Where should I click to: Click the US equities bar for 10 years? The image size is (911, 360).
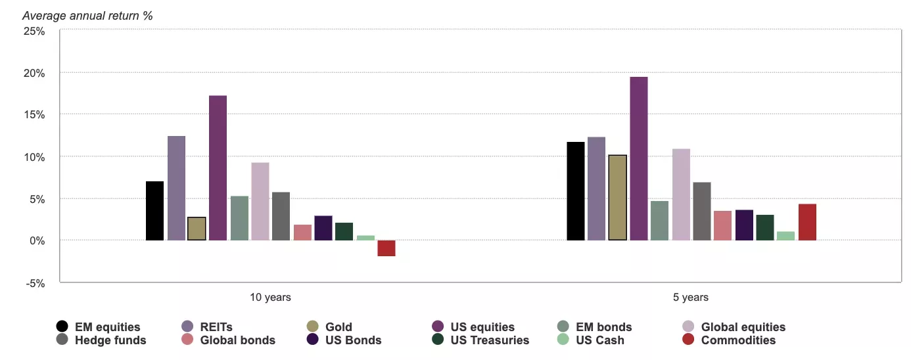(x=218, y=168)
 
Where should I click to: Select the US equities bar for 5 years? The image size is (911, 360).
(x=638, y=158)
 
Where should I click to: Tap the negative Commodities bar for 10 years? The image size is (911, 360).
(x=386, y=248)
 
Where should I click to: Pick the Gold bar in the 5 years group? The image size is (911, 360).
(x=617, y=198)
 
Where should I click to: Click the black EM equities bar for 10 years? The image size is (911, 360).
(x=154, y=211)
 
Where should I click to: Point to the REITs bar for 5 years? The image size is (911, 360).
(x=596, y=189)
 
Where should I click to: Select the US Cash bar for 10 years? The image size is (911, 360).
(x=365, y=238)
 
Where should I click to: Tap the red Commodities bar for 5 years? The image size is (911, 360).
(x=807, y=222)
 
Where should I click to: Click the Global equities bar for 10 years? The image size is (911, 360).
(x=260, y=201)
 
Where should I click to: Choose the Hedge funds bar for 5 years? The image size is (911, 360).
(x=701, y=211)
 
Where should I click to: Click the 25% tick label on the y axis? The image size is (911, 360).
(x=34, y=31)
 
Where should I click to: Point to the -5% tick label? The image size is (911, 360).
(x=34, y=283)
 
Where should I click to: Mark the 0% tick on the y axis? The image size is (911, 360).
(x=37, y=241)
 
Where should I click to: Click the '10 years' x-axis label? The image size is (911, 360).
(x=270, y=298)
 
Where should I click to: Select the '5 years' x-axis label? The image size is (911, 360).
(x=691, y=298)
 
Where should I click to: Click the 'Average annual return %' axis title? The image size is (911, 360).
(x=87, y=15)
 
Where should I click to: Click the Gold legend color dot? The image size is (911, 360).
(x=314, y=326)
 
